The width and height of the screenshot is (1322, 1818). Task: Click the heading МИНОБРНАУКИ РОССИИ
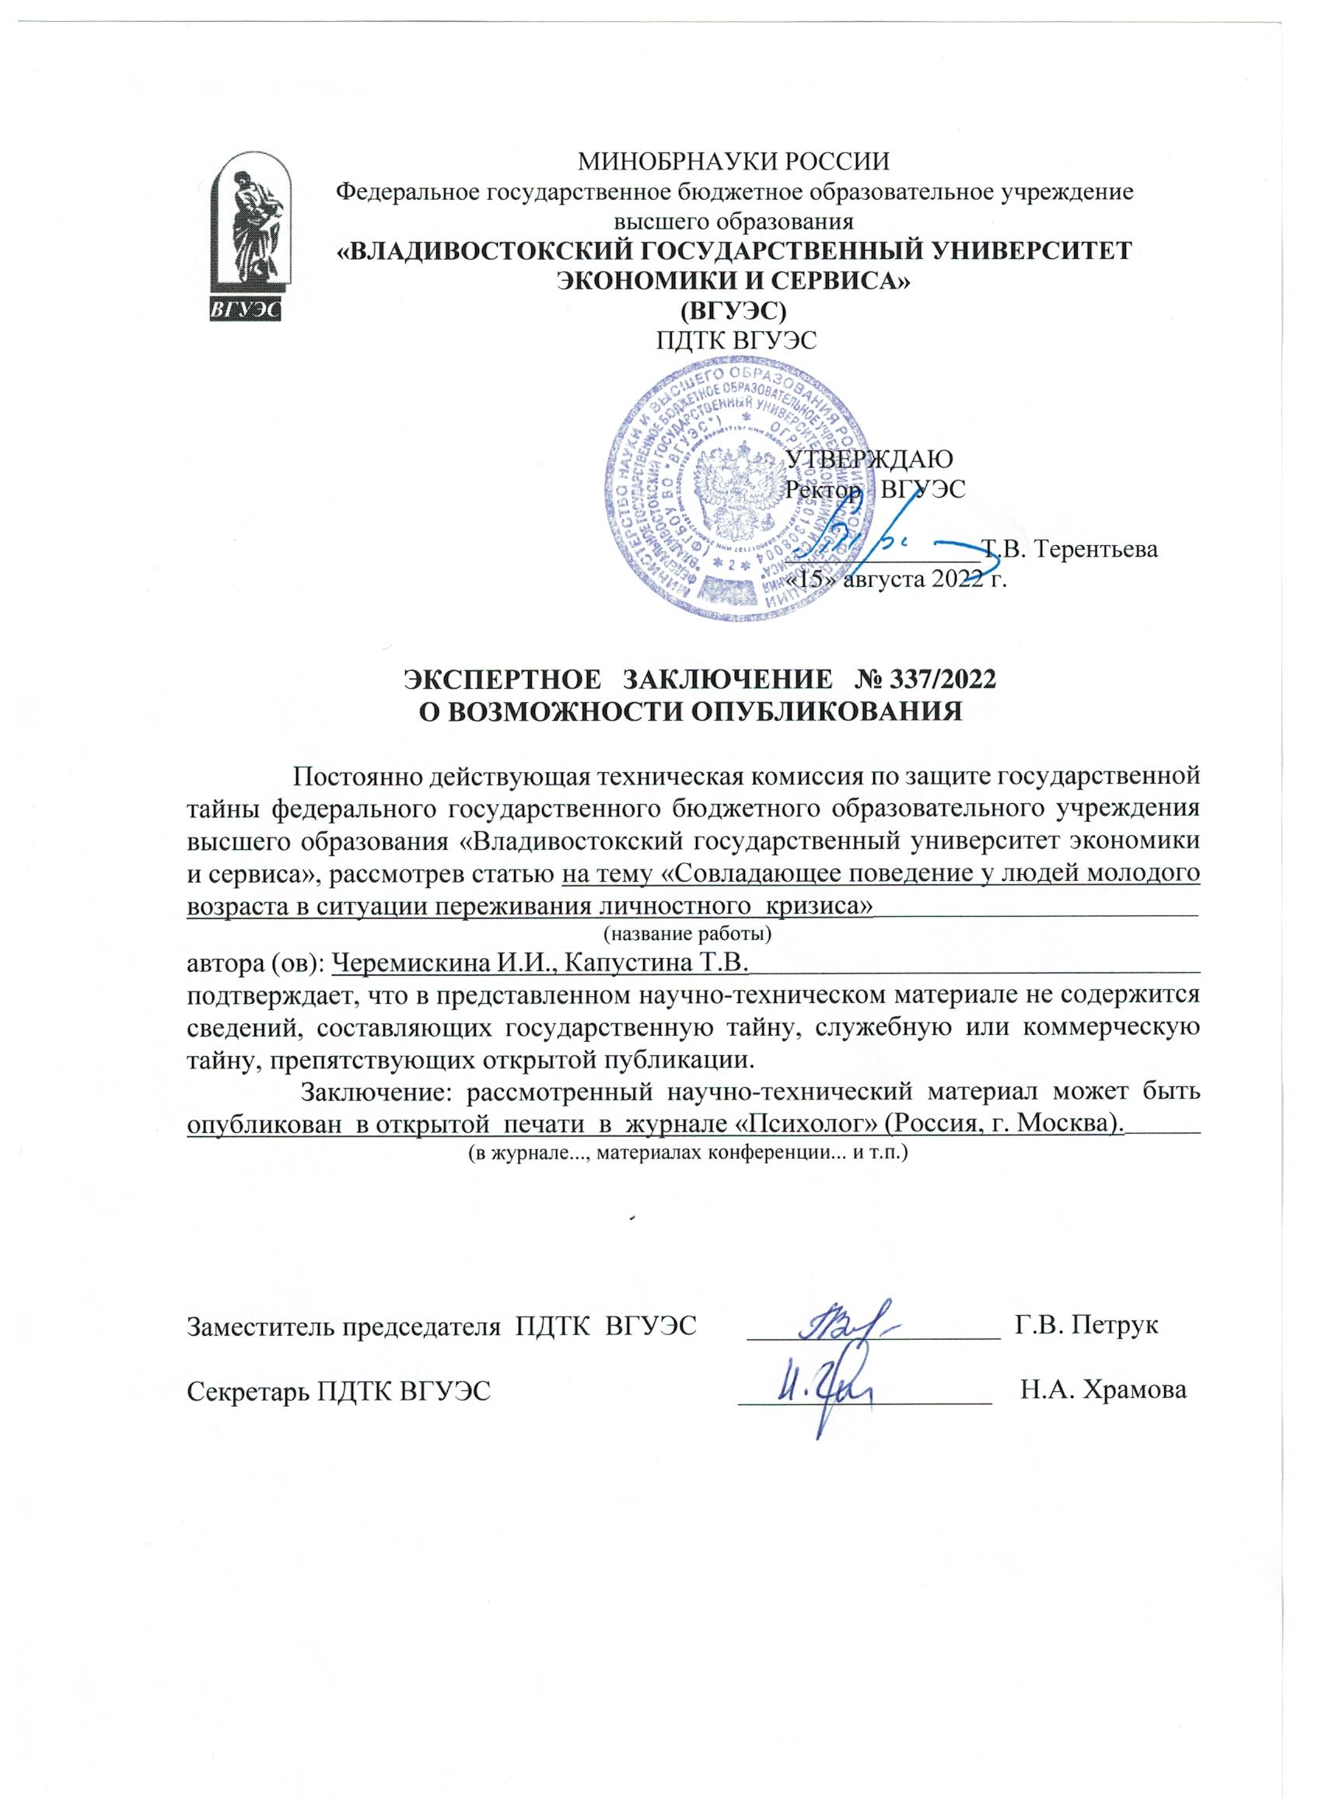(734, 162)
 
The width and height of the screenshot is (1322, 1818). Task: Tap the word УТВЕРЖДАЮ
(871, 460)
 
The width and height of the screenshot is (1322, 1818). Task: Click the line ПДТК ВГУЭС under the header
(736, 340)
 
